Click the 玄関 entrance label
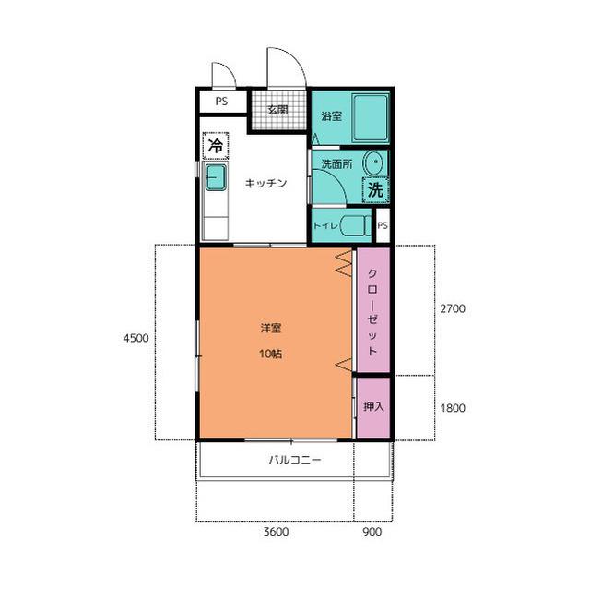pos(277,110)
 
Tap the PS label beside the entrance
pos(221,102)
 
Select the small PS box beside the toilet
pos(383,225)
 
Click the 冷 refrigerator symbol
pos(216,146)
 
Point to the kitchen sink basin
pos(216,177)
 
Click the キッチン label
pos(265,183)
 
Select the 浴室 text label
pos(332,116)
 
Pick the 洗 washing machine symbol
pos(375,190)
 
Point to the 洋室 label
pos(271,328)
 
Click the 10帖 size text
pos(270,354)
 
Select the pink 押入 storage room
pos(373,407)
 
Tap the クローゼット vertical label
pos(372,312)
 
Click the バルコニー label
pos(295,460)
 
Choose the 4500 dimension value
pos(136,338)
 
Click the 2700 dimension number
pos(453,308)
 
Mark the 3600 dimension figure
pos(276,532)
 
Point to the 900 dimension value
pos(372,532)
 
